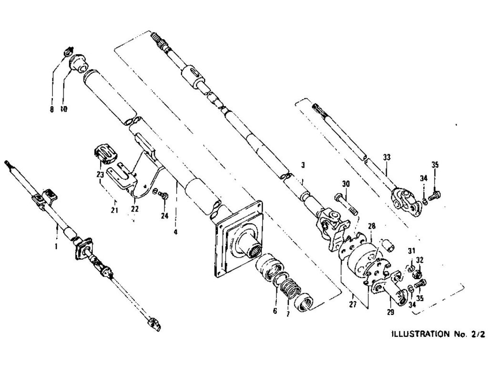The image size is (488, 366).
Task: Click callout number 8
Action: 51,109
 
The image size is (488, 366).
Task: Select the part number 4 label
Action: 175,232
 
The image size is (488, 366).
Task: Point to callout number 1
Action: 56,246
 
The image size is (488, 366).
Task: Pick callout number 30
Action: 346,183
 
